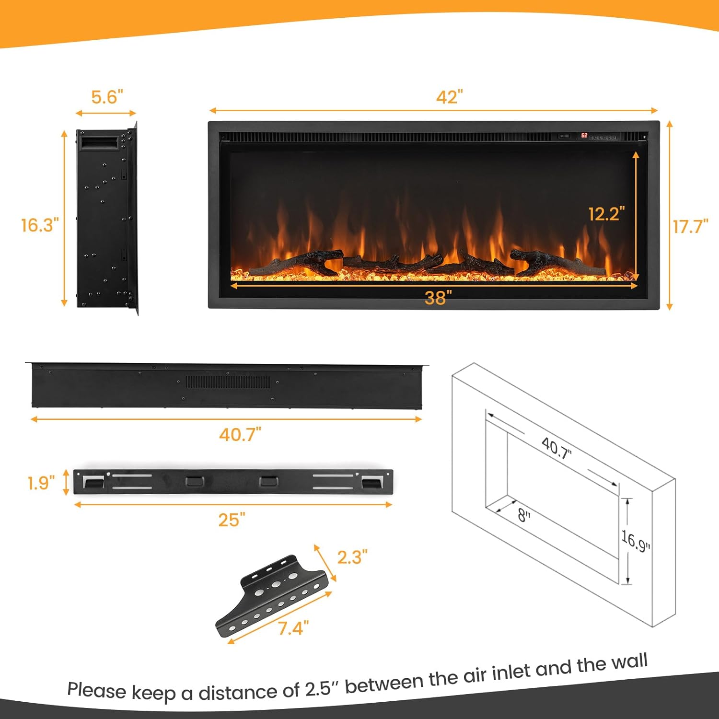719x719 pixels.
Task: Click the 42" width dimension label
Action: pyautogui.click(x=449, y=97)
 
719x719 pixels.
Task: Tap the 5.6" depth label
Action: pyautogui.click(x=107, y=97)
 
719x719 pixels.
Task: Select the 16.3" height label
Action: pyautogui.click(x=40, y=225)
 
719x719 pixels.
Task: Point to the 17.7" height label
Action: pyautogui.click(x=690, y=226)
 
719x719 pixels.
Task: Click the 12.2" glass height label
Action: pyautogui.click(x=606, y=214)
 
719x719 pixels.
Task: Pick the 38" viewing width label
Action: pyautogui.click(x=438, y=298)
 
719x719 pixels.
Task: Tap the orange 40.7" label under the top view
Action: pyautogui.click(x=240, y=435)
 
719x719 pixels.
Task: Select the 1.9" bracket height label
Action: pyautogui.click(x=41, y=483)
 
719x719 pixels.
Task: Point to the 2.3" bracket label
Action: pyautogui.click(x=352, y=557)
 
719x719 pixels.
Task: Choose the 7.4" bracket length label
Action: pyautogui.click(x=293, y=628)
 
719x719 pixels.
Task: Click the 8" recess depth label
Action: pyautogui.click(x=524, y=516)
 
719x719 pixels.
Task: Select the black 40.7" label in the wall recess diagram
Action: pyautogui.click(x=557, y=449)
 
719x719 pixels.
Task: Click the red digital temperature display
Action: pyautogui.click(x=584, y=136)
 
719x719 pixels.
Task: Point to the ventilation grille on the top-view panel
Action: pyautogui.click(x=228, y=382)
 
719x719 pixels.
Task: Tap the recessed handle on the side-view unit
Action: pyautogui.click(x=99, y=142)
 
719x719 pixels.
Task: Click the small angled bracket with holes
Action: pyautogui.click(x=272, y=596)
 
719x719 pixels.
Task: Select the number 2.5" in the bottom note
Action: pyautogui.click(x=318, y=689)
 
